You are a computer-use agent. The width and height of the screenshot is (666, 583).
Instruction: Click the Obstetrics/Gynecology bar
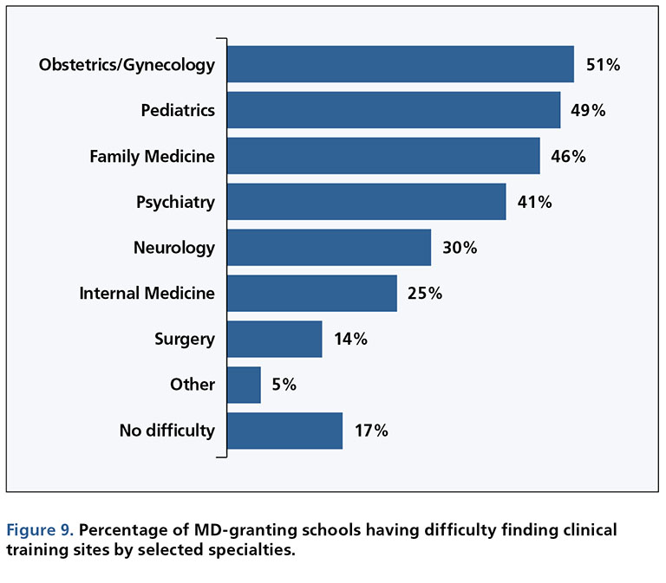tap(400, 64)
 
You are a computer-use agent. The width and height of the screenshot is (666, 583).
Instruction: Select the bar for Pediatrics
tap(393, 110)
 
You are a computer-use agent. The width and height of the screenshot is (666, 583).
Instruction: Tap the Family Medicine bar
tap(382, 156)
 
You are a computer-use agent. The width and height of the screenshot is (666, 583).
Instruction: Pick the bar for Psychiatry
tap(366, 202)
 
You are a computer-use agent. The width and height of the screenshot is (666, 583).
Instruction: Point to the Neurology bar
tap(329, 248)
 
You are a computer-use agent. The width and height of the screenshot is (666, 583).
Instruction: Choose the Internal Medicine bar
tap(311, 293)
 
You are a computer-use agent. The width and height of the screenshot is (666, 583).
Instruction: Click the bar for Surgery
tap(274, 339)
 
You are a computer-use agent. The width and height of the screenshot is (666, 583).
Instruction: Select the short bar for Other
tap(244, 385)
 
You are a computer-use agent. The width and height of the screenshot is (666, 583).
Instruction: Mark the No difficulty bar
tap(284, 431)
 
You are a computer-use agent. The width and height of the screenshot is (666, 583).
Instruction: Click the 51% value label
tap(602, 65)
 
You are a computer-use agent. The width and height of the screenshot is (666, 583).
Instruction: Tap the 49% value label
tap(588, 111)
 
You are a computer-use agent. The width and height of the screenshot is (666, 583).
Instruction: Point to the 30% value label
tap(459, 248)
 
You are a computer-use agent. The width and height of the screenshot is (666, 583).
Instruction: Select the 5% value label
tap(284, 385)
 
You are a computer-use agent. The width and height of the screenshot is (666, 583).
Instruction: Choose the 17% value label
tap(370, 431)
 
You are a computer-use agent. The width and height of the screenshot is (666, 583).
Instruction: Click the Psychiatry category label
tap(175, 202)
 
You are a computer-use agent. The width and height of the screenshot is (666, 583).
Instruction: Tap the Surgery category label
tap(184, 339)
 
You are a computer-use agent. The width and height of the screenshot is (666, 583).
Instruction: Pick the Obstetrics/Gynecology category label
tap(127, 65)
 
